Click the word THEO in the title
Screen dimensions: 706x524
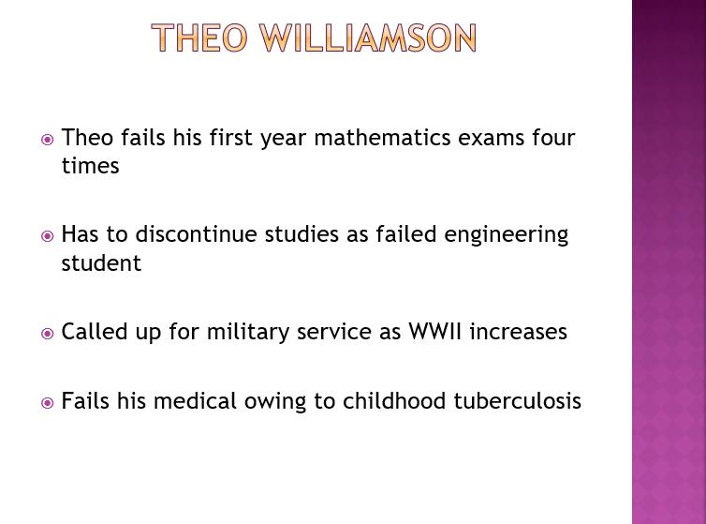[x=199, y=37]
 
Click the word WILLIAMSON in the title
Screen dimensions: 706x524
[x=367, y=37]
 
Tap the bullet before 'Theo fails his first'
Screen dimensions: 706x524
[x=47, y=140]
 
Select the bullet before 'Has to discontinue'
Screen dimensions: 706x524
[x=47, y=236]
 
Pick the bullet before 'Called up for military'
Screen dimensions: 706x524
[x=47, y=334]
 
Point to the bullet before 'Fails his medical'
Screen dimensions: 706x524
[x=47, y=402]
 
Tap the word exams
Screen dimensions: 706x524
[x=491, y=139]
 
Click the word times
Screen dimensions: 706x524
[x=90, y=166]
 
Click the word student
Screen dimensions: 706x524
[x=101, y=262]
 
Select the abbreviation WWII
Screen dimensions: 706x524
[x=435, y=332]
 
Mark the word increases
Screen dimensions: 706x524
[x=518, y=332]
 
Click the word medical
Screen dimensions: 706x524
[x=195, y=400]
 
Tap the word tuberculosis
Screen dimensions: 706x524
[x=518, y=400]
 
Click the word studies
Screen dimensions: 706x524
[x=302, y=234]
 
